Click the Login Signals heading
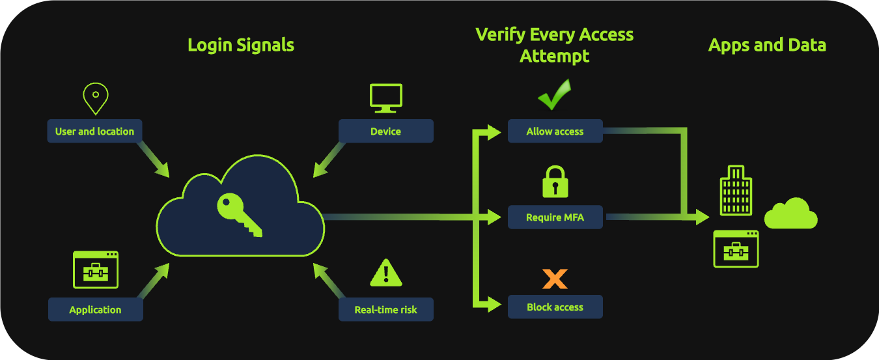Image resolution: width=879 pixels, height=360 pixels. click(241, 45)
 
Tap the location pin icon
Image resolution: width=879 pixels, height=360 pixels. click(95, 98)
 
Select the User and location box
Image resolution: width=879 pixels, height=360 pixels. click(94, 131)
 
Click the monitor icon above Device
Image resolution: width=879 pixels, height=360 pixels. click(386, 98)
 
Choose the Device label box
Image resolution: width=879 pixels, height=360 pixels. click(385, 131)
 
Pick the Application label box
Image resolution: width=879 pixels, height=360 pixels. click(95, 309)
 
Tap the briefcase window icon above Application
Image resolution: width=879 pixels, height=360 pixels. click(95, 270)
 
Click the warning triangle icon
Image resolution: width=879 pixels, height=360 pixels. click(386, 273)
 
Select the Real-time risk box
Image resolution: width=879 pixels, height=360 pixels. click(385, 309)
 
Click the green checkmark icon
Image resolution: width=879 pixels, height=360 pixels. click(554, 95)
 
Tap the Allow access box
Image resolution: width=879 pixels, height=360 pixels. click(555, 131)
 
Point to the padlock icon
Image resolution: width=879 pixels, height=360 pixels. click(555, 182)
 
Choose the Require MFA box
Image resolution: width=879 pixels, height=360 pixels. click(555, 217)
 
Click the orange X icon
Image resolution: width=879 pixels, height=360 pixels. click(555, 279)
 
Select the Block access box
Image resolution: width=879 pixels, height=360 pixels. click(555, 307)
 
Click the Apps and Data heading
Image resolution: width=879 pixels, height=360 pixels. click(767, 45)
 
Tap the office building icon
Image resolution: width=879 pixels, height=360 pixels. click(736, 190)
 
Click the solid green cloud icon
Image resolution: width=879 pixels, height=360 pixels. click(790, 214)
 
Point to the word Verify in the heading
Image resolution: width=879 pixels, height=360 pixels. click(498, 35)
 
